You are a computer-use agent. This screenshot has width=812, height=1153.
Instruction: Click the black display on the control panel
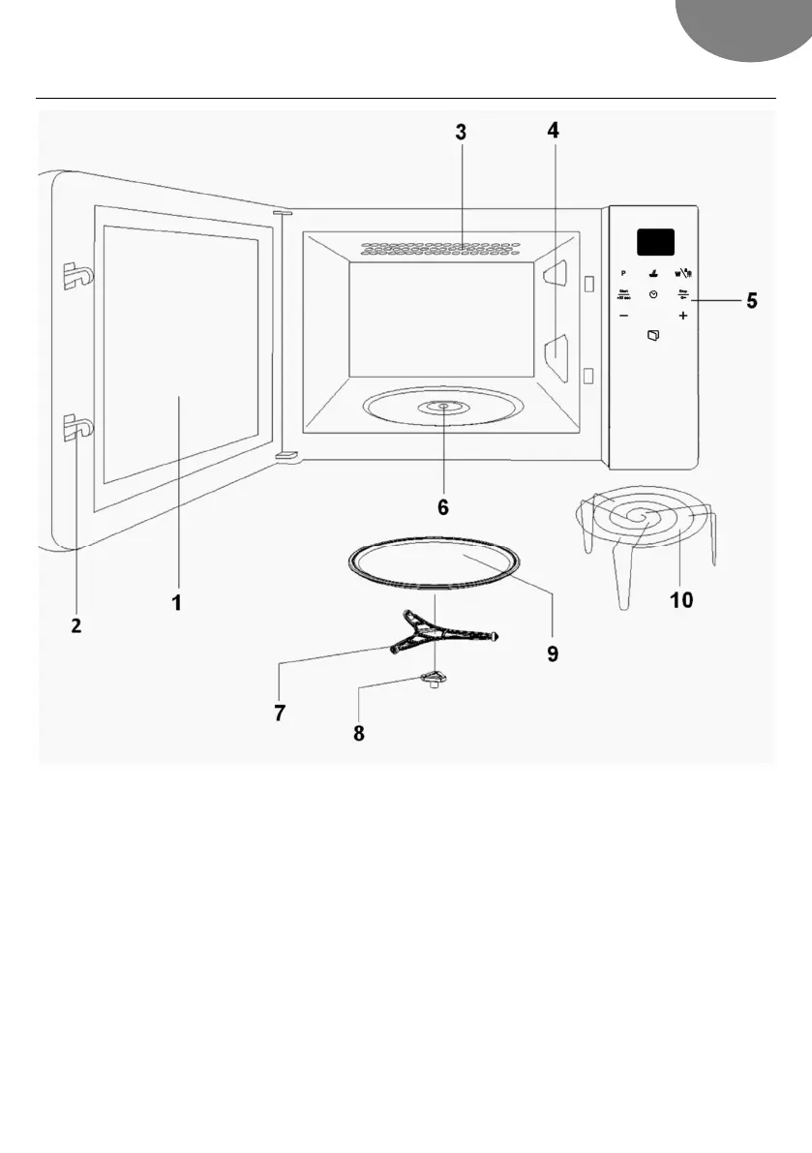point(654,242)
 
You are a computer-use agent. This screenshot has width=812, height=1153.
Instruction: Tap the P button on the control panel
point(624,273)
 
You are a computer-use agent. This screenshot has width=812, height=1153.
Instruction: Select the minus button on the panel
point(624,317)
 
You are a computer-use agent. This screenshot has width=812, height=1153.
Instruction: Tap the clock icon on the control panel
point(653,294)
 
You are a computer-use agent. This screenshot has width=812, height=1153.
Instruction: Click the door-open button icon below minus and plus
point(653,336)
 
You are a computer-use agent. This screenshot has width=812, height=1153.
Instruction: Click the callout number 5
point(751,301)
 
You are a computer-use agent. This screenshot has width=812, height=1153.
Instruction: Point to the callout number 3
point(462,133)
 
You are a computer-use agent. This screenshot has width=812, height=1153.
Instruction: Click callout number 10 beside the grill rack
point(681,600)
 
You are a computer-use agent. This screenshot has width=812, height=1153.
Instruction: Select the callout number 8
point(359,733)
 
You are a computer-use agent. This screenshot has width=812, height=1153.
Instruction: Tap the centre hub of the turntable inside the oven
point(442,407)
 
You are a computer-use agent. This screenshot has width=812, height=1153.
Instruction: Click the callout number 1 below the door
point(177,602)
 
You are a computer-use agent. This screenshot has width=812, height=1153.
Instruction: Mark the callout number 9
point(552,653)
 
